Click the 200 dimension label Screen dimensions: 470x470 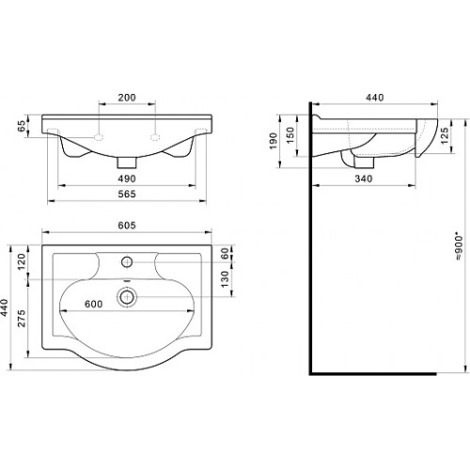tap(127, 98)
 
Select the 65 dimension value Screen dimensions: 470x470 tap(21, 126)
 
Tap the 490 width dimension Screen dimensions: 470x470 tap(127, 179)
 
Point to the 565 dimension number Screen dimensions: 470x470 tap(127, 194)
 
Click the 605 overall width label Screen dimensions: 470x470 tap(127, 226)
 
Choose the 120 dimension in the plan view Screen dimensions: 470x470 tap(21, 261)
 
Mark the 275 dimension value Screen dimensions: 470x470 tap(21, 319)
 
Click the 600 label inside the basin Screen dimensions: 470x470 tap(94, 304)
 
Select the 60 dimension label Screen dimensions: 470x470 tap(225, 253)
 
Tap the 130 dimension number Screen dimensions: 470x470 tap(225, 279)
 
